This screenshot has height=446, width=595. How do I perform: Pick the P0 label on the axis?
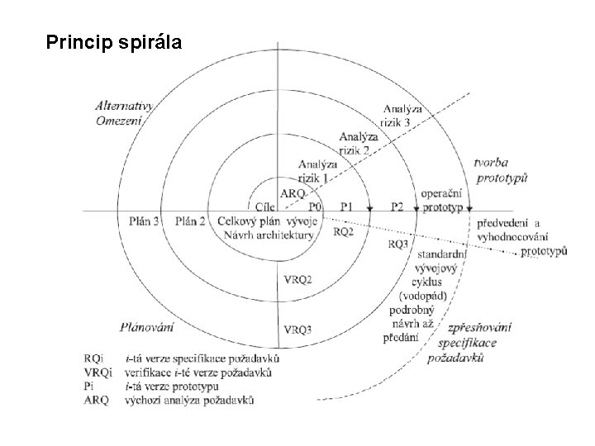pyautogui.click(x=314, y=206)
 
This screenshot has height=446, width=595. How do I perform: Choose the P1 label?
pyautogui.click(x=347, y=206)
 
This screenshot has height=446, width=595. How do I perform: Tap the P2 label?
pyautogui.click(x=397, y=206)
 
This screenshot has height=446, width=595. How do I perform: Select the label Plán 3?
pyautogui.click(x=145, y=221)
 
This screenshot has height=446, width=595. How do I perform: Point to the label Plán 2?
pyautogui.click(x=191, y=221)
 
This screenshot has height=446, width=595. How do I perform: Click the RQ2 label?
pyautogui.click(x=343, y=232)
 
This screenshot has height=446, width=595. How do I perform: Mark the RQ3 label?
pyautogui.click(x=397, y=244)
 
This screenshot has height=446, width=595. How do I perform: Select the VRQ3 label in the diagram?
pyautogui.click(x=297, y=330)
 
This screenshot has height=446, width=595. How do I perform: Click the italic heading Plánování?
pyautogui.click(x=146, y=327)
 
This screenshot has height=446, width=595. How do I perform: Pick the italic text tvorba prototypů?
pyautogui.click(x=501, y=169)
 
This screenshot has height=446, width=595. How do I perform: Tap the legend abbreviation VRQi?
pyautogui.click(x=98, y=373)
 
